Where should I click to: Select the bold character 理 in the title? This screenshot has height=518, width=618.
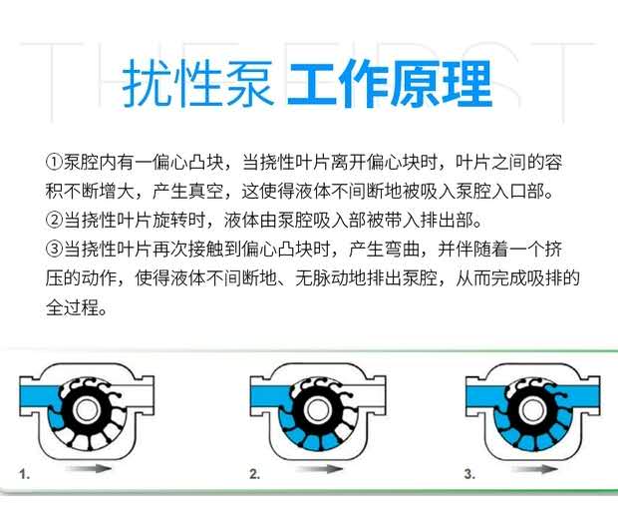point(467,83)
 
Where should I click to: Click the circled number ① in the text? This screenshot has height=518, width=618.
point(54,162)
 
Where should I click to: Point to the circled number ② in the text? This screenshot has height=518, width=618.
point(54,220)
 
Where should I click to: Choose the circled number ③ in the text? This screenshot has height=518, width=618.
point(54,249)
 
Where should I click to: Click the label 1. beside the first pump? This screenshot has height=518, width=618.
point(25,474)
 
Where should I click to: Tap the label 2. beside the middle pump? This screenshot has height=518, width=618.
point(254,473)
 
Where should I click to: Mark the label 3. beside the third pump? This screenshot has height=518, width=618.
point(469,473)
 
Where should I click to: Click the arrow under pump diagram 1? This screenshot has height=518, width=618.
point(89,468)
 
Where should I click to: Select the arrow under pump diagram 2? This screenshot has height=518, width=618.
point(319,469)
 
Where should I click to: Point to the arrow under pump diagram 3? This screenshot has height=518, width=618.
point(534,469)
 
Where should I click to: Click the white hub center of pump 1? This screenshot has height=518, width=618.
point(86,410)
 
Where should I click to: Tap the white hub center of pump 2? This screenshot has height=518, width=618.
point(317,410)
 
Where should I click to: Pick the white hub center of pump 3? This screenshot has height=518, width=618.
point(532,410)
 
